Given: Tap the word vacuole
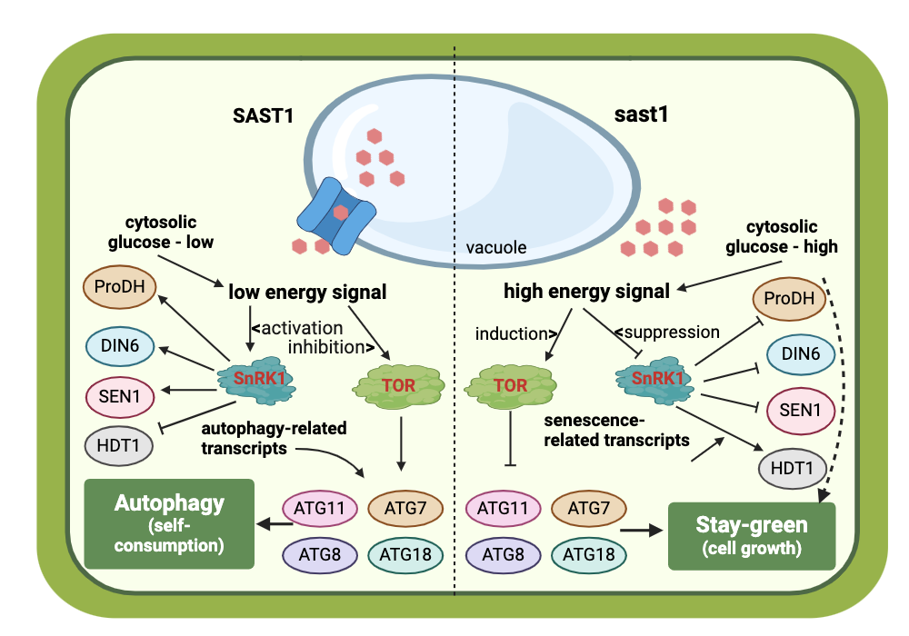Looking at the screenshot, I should tap(495, 246).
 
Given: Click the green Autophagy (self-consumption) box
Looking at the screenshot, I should tap(169, 523).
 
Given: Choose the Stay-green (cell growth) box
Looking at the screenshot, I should tap(752, 535).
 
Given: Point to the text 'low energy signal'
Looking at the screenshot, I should tap(307, 293).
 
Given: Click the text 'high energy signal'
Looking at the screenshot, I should tap(586, 293).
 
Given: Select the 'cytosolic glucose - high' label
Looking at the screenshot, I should tap(781, 236).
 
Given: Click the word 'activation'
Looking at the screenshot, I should tap(302, 327).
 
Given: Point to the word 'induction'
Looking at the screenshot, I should tap(510, 334).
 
